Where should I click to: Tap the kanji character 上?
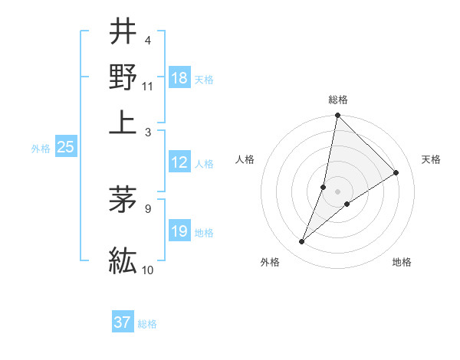click(x=123, y=123)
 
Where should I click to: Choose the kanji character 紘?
click(x=123, y=260)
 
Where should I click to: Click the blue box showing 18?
click(x=179, y=77)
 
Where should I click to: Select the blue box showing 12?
click(x=179, y=162)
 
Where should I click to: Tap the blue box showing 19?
click(x=179, y=231)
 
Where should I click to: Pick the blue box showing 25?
click(x=65, y=148)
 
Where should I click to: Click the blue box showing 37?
click(x=123, y=322)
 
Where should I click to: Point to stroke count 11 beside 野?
click(x=148, y=87)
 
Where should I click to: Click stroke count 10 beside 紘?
click(x=148, y=270)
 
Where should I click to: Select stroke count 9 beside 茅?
click(x=148, y=207)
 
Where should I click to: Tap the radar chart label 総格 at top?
click(x=338, y=100)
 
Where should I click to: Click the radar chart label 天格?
click(x=431, y=159)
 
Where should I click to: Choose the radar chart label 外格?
click(x=270, y=262)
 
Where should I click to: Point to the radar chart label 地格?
click(x=402, y=262)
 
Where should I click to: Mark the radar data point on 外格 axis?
click(x=302, y=242)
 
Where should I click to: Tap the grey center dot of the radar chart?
click(x=338, y=191)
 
